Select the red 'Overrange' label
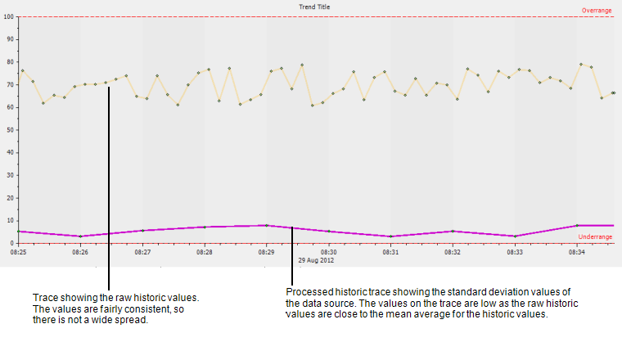coord(596,11)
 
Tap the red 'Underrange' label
coord(595,237)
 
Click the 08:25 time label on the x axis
coord(18,253)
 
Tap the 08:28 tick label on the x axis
coord(205,253)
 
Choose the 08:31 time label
coord(390,253)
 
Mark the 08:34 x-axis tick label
coord(576,253)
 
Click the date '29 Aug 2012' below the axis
coord(316,260)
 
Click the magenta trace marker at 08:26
coord(80,236)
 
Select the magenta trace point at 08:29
coord(267,225)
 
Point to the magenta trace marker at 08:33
coord(515,236)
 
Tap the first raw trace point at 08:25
coord(22,70)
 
